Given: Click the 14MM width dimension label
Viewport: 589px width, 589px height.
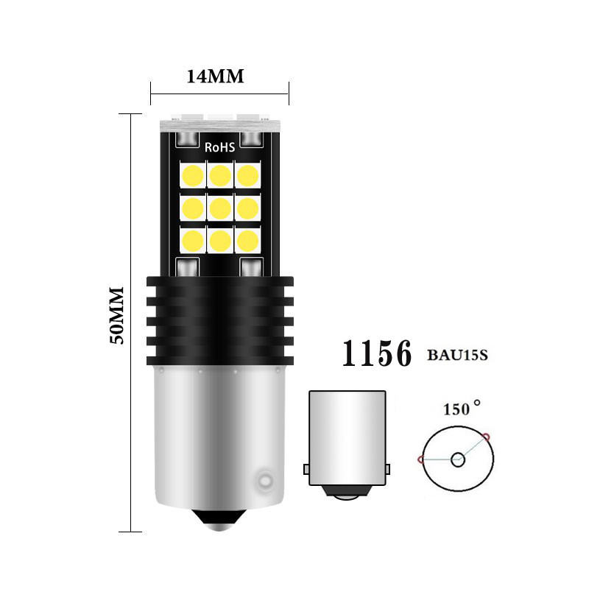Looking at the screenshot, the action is tap(215, 77).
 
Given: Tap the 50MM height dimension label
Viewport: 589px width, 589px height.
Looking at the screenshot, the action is tap(116, 316).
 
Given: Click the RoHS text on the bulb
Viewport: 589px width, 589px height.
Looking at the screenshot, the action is tap(219, 147).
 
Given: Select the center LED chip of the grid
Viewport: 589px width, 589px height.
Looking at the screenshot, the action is tap(220, 208).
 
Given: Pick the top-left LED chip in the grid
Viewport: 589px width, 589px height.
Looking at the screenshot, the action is tap(193, 175).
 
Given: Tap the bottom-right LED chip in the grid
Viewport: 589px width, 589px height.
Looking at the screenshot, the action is tap(248, 241).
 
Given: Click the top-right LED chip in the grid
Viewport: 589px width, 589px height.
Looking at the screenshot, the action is tap(248, 175).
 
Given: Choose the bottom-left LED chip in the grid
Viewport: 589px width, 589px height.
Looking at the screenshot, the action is tap(193, 241).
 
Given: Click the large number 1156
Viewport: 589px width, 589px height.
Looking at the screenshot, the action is tap(377, 353).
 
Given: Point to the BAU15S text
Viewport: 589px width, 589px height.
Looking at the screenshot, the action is tap(457, 355).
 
